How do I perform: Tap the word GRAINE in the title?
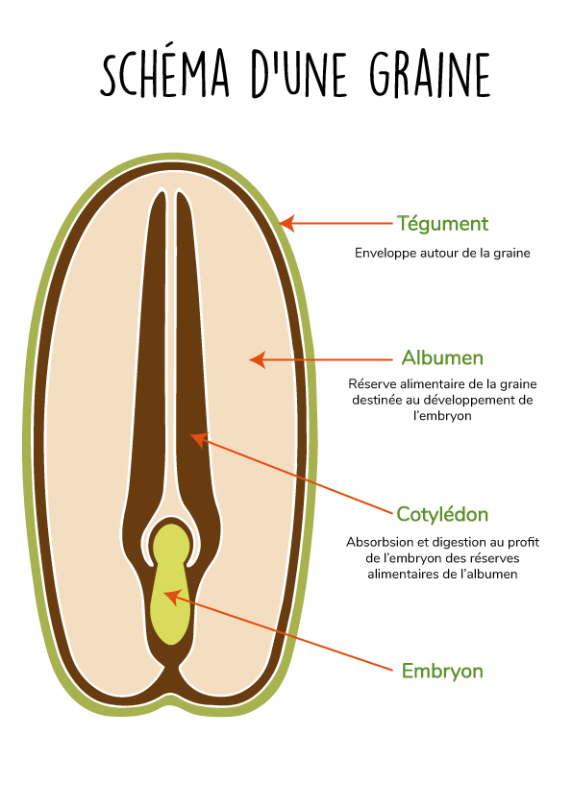coord(430,74)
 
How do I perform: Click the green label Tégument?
coord(442,224)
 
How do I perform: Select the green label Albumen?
coord(442,357)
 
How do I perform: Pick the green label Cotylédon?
coord(442,514)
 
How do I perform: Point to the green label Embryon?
coord(442,671)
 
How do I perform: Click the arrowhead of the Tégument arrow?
coord(286,224)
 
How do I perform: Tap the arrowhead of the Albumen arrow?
coord(257,359)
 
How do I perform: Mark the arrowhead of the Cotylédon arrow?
coord(199,440)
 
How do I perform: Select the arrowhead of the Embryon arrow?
coord(171,598)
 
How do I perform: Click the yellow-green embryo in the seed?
coord(171,583)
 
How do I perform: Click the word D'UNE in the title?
coord(299,74)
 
